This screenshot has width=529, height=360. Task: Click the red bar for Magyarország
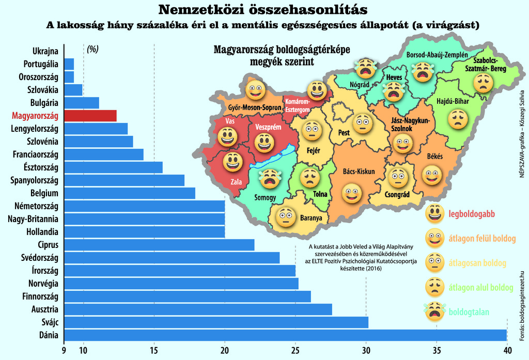pos(90,116)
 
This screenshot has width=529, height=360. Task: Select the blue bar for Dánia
pos(285,335)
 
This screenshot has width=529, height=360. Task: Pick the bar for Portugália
pos(69,64)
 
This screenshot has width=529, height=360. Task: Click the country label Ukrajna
pos(45,51)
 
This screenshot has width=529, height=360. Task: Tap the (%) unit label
pos(92,49)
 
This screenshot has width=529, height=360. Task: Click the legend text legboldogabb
pos(468,213)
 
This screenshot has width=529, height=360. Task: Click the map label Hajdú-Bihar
pos(453,101)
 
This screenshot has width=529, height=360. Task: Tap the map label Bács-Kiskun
pos(359,171)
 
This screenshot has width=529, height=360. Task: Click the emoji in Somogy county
pos(268,178)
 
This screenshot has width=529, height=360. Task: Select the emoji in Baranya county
pos(285,217)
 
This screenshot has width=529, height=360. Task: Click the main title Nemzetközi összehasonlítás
pos(263,10)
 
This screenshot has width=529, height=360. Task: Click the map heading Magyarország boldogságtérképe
pos(282,51)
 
